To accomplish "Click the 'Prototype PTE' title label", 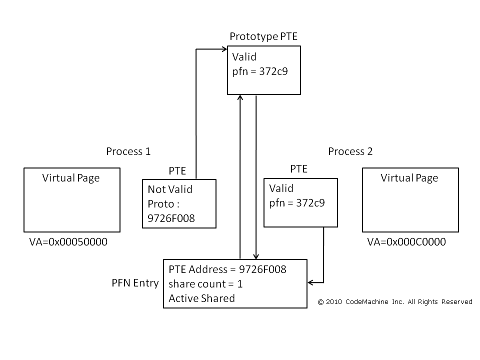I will [x=263, y=36].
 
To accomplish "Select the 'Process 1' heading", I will [x=128, y=151].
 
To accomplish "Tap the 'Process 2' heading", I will [x=350, y=151].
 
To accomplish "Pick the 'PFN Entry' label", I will [x=135, y=283].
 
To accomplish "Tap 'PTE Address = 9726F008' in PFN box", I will [x=227, y=270].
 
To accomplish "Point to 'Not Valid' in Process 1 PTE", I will [x=170, y=189].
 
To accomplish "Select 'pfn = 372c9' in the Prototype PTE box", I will [x=260, y=71].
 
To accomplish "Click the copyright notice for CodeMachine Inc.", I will [x=395, y=301].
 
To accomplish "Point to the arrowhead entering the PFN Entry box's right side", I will [x=310, y=283].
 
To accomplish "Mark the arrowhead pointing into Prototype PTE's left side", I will [x=224, y=49].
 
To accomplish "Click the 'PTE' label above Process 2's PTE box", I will [x=298, y=169].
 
